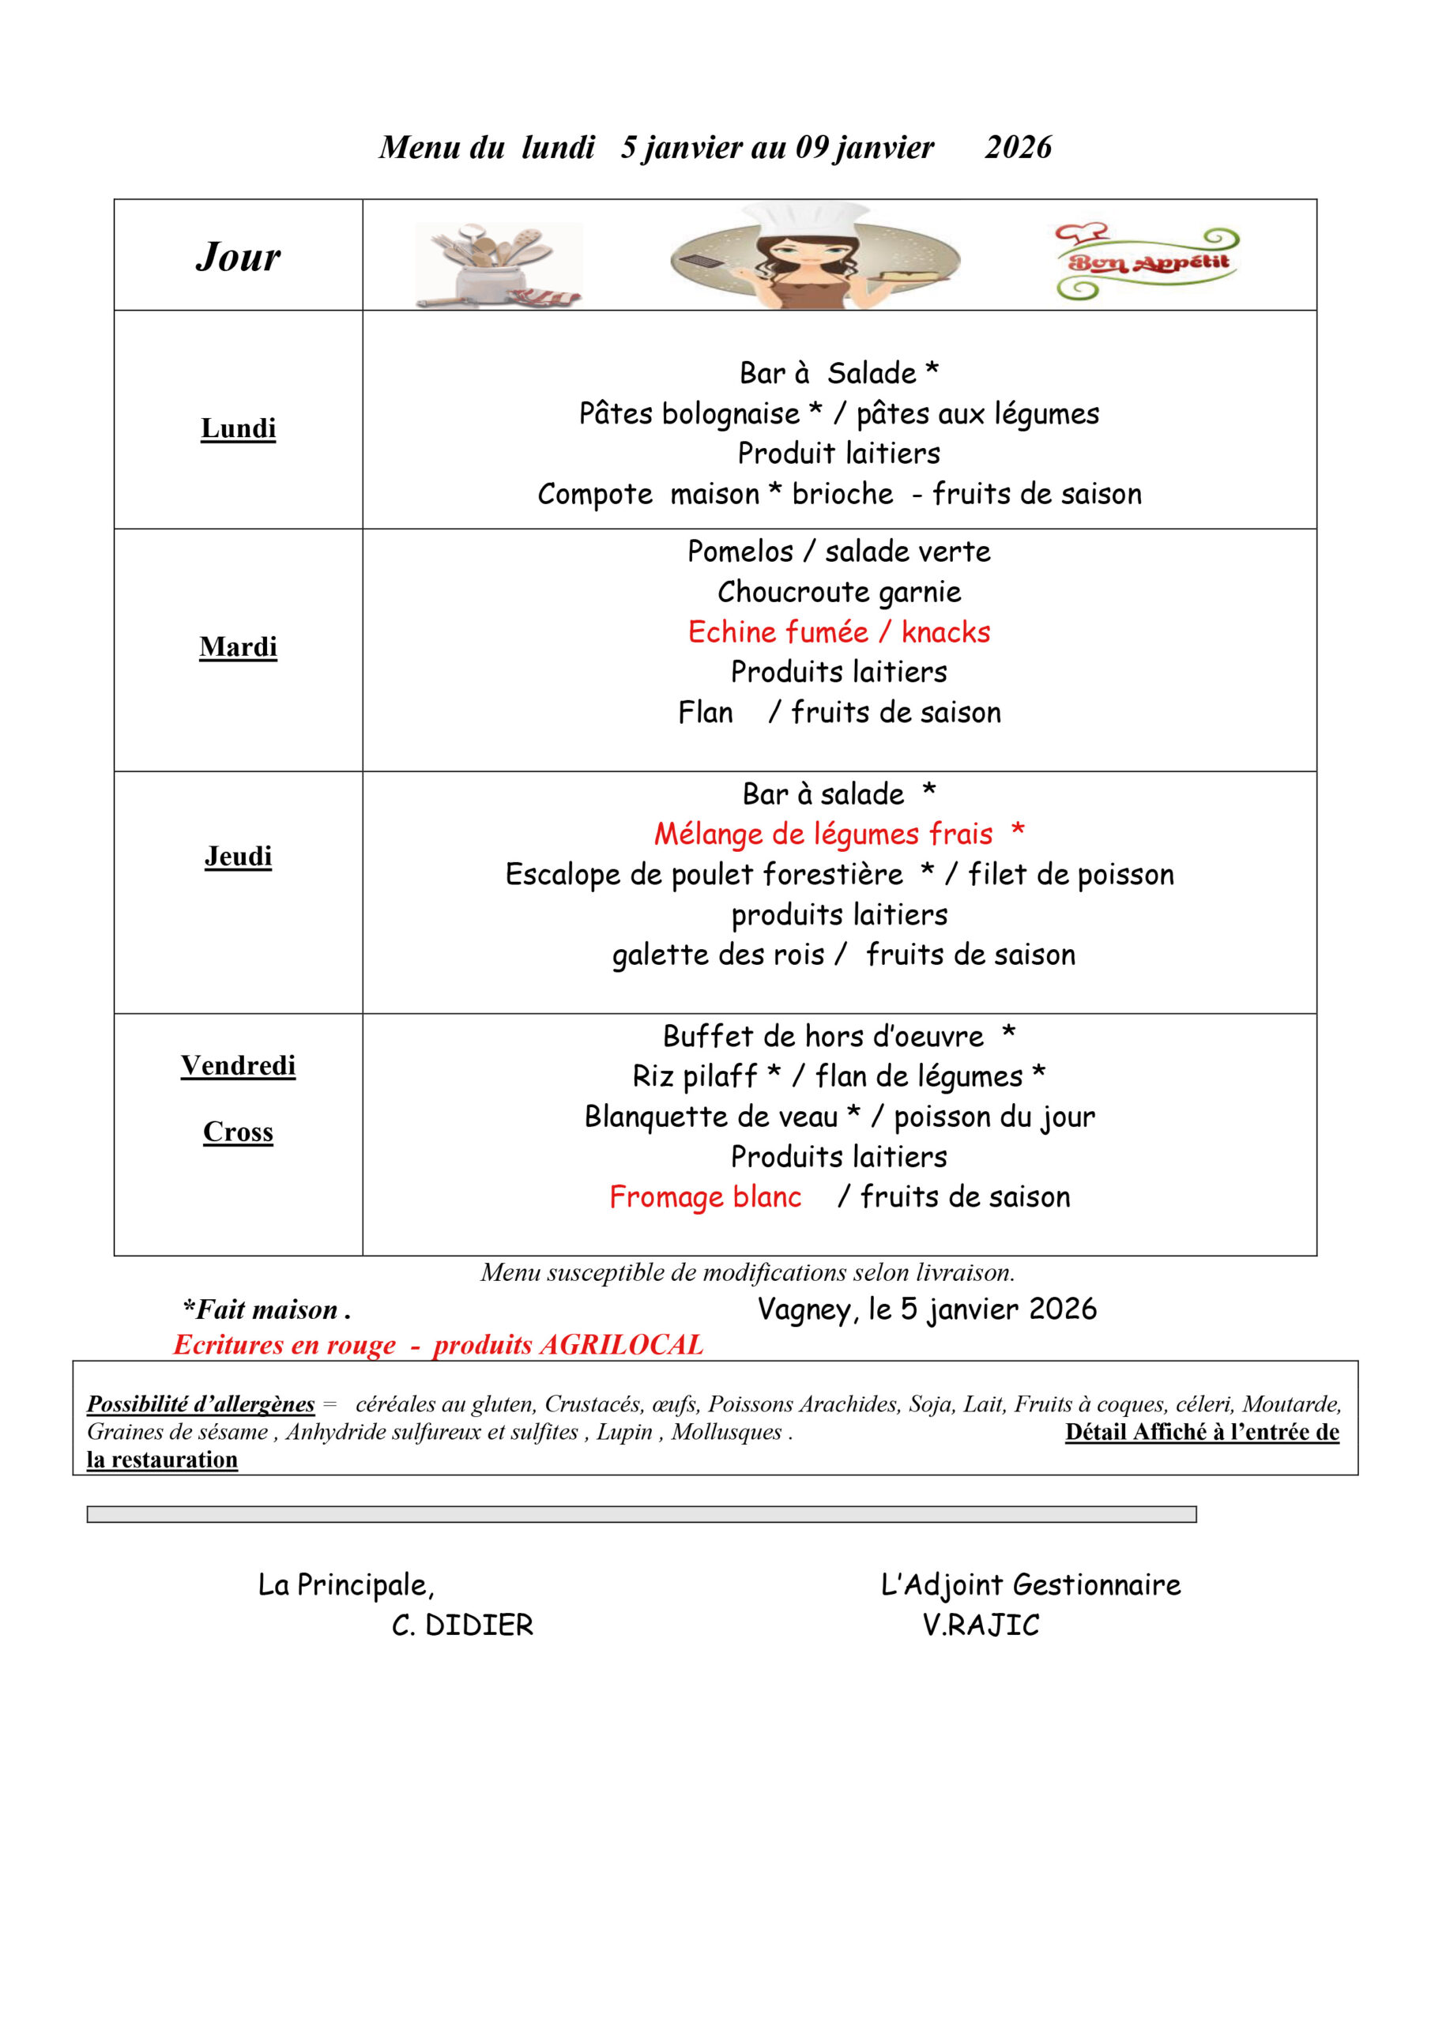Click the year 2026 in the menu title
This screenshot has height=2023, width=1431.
[x=1018, y=147]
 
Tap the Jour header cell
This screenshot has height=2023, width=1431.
[x=238, y=256]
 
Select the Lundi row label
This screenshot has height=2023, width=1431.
[x=238, y=428]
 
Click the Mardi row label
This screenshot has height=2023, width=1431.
[x=238, y=646]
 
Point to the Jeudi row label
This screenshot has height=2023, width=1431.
[x=238, y=856]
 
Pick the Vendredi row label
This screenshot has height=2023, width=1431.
[x=238, y=1065]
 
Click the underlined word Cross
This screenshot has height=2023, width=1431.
[x=238, y=1132]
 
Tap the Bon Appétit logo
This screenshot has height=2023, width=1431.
[x=1147, y=262]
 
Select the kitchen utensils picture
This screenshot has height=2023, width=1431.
[x=498, y=264]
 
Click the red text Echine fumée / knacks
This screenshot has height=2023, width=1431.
[x=839, y=631]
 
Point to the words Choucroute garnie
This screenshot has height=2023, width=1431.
[x=839, y=592]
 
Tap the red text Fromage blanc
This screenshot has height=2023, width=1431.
[x=705, y=1196]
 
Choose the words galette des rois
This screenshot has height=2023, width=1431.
[x=717, y=955]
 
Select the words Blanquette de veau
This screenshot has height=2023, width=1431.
[x=711, y=1117]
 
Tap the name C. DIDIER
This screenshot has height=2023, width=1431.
[x=462, y=1625]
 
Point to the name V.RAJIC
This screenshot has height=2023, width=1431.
[x=981, y=1625]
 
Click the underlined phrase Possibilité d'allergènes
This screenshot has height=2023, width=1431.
[x=200, y=1404]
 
